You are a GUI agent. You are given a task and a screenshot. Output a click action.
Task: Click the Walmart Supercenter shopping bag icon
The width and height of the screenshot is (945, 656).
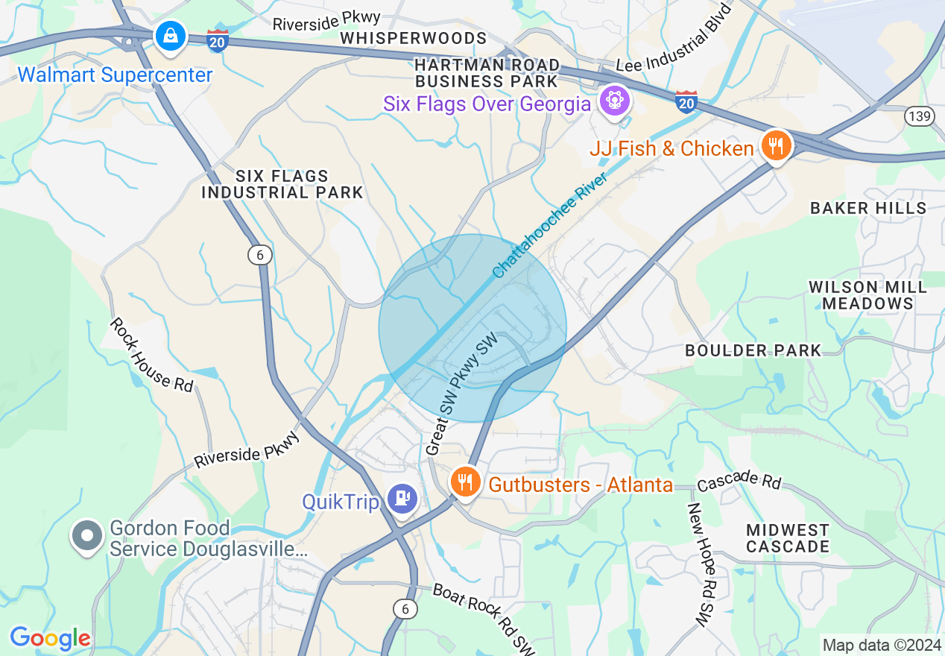(171, 36)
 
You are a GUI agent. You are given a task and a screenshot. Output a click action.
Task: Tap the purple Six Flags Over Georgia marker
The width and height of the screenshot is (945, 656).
(614, 100)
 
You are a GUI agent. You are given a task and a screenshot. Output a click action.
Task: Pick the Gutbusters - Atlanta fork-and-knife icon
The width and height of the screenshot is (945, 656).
(465, 482)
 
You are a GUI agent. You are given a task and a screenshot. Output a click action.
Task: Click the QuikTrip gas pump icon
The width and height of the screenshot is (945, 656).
(403, 499)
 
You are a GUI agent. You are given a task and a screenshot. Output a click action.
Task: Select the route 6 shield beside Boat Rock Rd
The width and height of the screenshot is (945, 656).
(405, 609)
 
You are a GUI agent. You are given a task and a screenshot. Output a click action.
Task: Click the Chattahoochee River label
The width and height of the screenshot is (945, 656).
(549, 225)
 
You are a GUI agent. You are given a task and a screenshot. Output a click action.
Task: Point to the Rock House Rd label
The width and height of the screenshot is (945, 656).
(152, 354)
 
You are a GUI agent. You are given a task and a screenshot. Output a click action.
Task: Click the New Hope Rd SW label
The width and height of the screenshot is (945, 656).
(701, 564)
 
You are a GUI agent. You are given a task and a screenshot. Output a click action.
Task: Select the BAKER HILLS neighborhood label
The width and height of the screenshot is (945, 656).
(868, 208)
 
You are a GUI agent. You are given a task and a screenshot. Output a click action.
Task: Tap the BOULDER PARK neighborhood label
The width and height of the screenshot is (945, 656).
(753, 350)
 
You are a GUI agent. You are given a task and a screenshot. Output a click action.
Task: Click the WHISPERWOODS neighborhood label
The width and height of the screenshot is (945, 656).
(414, 38)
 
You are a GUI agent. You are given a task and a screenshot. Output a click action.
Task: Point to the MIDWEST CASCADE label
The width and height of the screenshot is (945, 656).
(787, 538)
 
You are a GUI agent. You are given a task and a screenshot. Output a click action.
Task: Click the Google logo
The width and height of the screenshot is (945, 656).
(50, 638)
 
